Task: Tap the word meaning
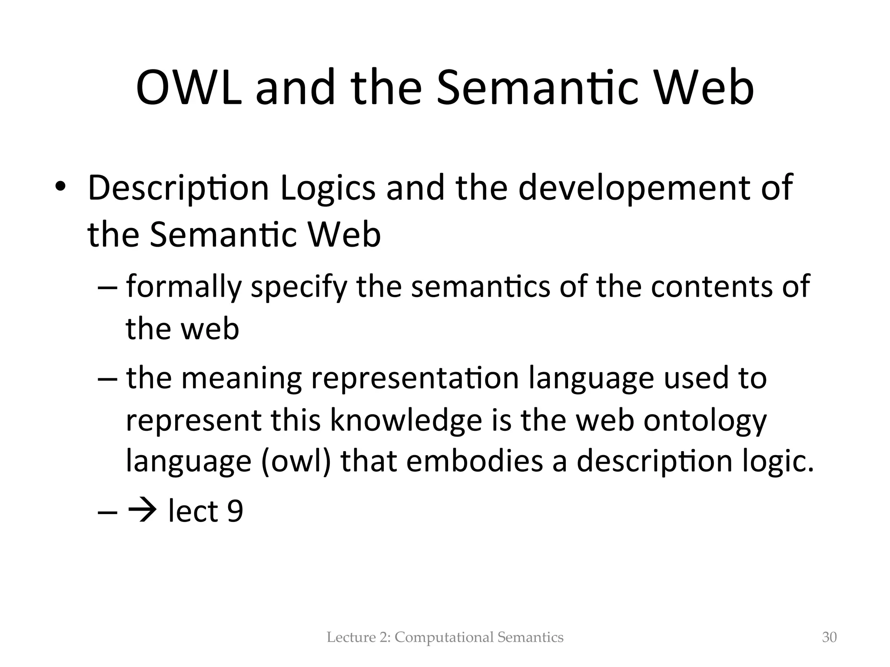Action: (x=241, y=378)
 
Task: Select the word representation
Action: (x=415, y=378)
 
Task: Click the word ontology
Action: (x=705, y=420)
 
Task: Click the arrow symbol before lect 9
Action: (x=143, y=511)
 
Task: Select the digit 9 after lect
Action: (x=235, y=512)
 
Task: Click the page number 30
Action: (x=829, y=637)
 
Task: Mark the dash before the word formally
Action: (x=107, y=287)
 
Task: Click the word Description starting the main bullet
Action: (x=179, y=188)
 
